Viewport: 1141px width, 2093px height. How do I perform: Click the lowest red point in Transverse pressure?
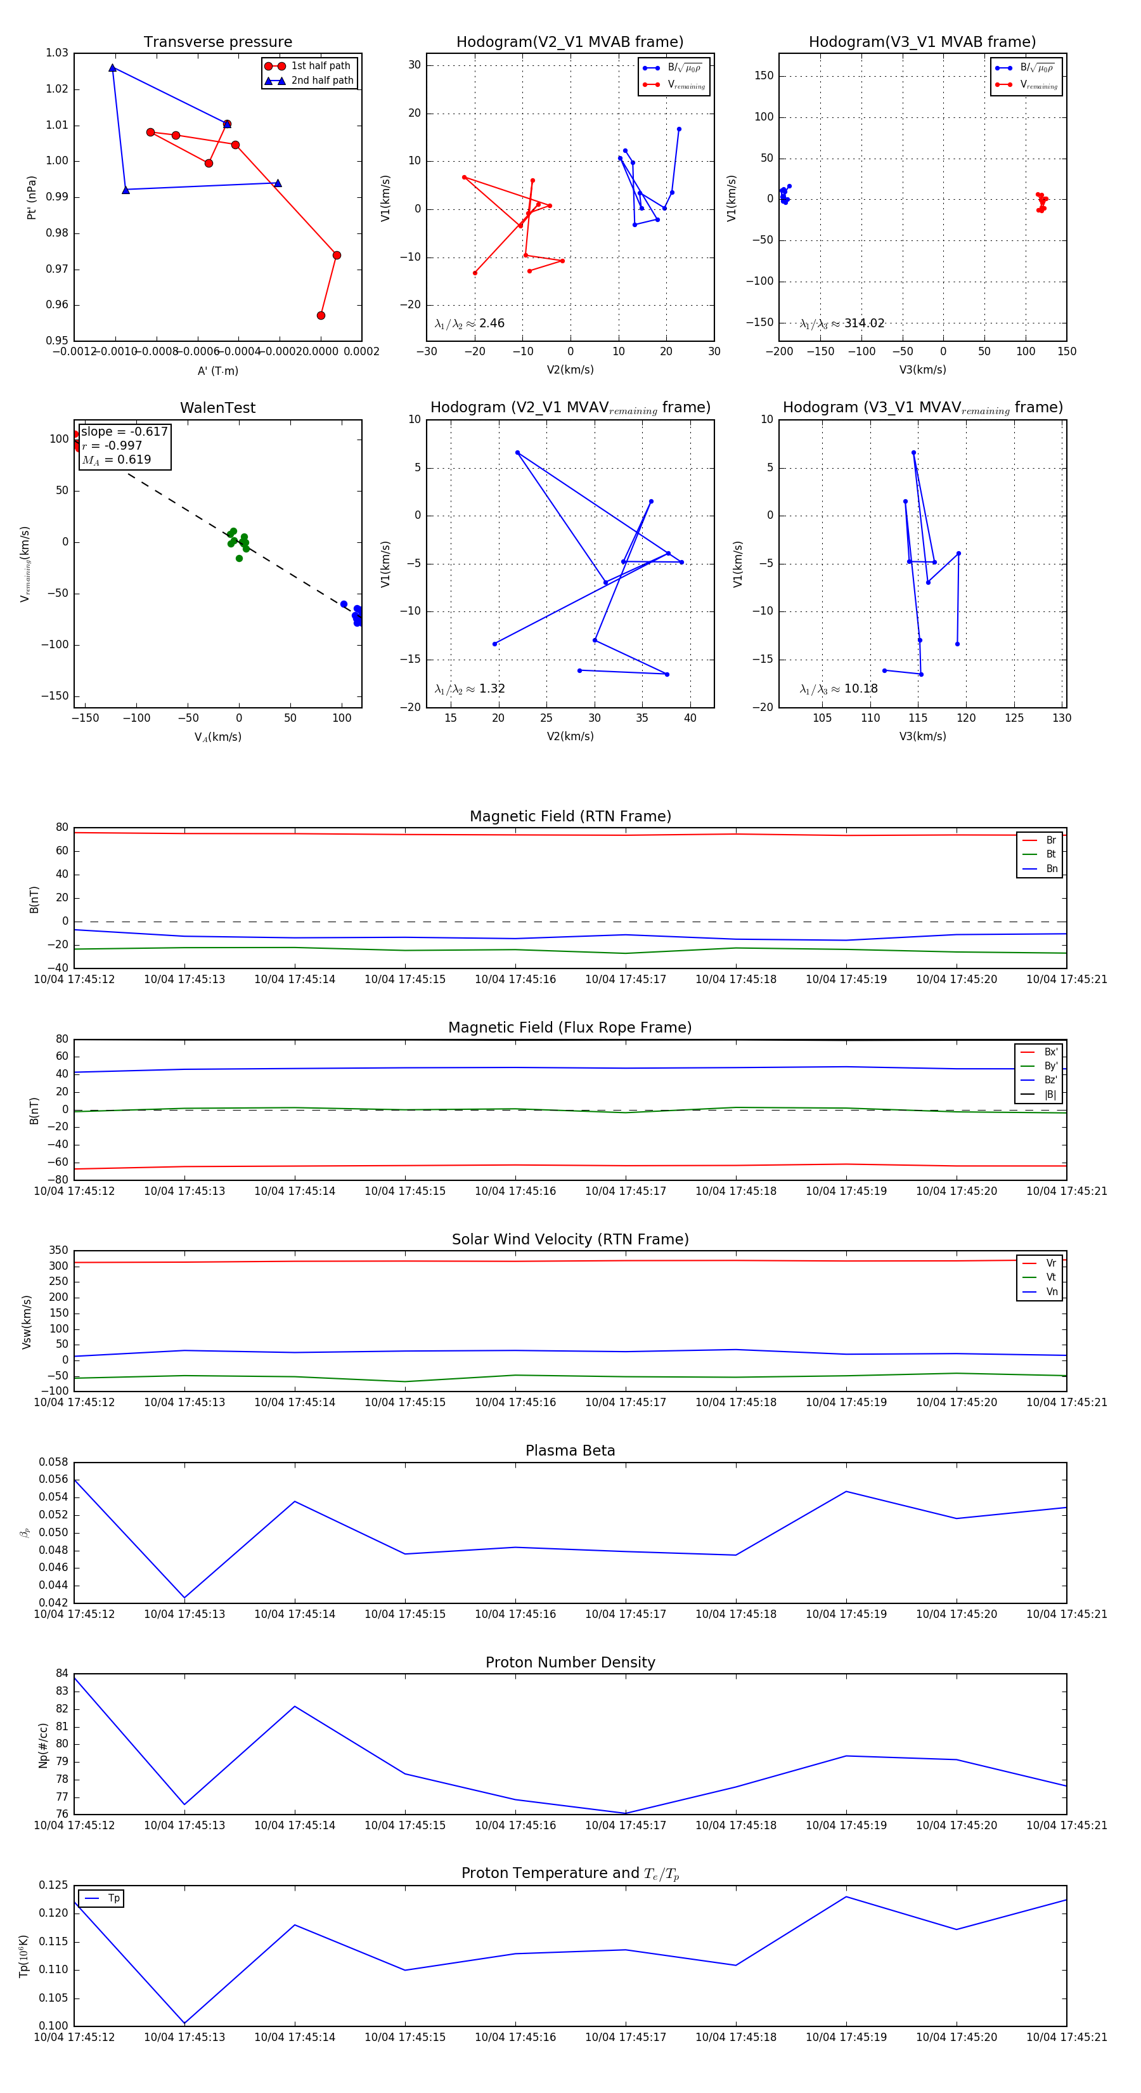coord(321,315)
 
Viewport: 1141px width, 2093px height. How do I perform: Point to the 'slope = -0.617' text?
coord(124,431)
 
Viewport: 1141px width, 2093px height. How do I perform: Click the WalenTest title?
coord(217,408)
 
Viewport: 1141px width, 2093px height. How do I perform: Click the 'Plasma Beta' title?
coord(570,1451)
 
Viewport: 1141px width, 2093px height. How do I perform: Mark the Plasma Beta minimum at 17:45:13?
coord(184,1598)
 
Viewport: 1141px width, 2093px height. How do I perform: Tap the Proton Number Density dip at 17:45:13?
coord(184,1804)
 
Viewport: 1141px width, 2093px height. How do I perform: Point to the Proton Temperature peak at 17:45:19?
coord(846,1896)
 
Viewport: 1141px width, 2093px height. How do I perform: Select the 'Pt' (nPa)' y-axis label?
coord(32,197)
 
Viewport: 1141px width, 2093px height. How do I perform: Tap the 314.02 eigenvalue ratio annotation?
coord(842,323)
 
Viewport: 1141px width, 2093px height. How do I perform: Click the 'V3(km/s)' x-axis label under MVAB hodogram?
coord(922,370)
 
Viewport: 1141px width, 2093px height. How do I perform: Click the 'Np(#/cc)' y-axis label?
coord(43,1745)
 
